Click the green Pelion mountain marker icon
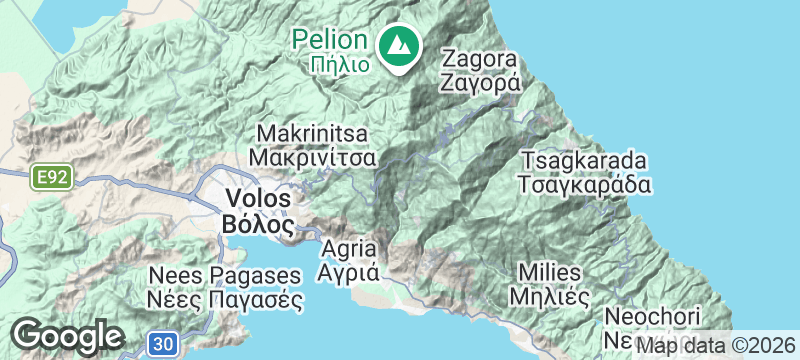coord(400,45)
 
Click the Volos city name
coord(258,198)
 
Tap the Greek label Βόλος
coord(258,222)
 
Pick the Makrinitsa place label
coord(313,134)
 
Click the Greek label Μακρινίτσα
coord(313,158)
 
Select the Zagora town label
coord(481,59)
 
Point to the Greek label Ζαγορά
coord(481,83)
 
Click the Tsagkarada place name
coord(584,161)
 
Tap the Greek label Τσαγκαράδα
coord(585,185)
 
